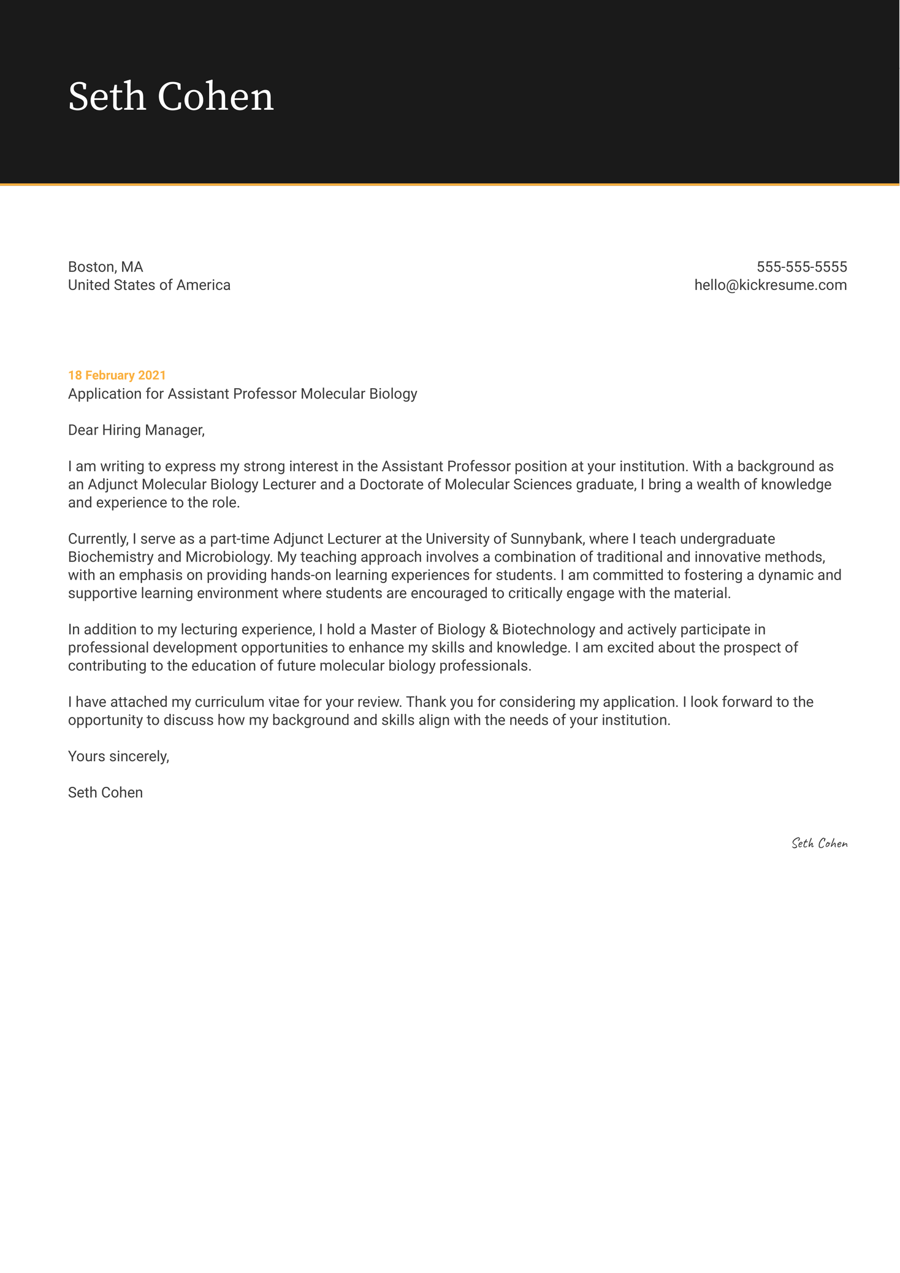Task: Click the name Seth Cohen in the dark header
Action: [170, 97]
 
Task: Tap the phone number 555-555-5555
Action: [801, 267]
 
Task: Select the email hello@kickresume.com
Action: [770, 285]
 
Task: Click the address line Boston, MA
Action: [105, 267]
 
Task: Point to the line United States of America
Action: [149, 285]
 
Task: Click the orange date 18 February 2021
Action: [116, 375]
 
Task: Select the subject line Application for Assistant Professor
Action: [242, 394]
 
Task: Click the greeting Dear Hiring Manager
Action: [136, 430]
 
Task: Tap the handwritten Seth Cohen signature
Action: [819, 843]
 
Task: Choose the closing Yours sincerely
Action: [118, 756]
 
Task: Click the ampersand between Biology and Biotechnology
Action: [494, 630]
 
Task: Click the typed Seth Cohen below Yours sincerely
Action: [105, 792]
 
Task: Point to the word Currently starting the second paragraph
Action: [98, 539]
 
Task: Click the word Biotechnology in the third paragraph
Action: [548, 630]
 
